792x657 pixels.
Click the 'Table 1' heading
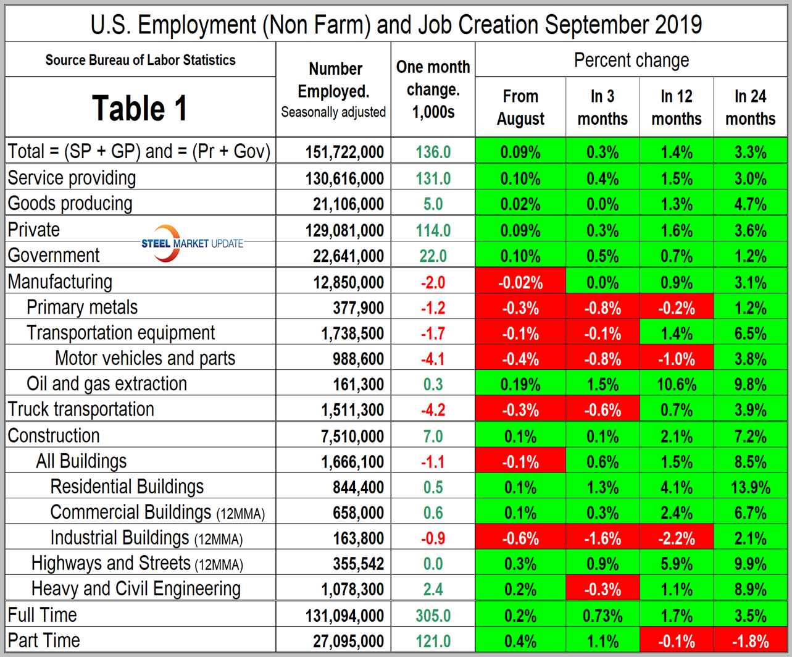(140, 107)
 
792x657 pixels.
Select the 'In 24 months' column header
(750, 107)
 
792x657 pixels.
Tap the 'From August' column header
(520, 107)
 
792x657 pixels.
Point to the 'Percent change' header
(632, 61)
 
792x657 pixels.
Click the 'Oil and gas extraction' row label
(107, 383)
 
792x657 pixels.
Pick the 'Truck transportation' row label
(81, 409)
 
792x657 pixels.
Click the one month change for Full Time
(433, 616)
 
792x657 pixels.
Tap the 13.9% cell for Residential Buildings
(750, 487)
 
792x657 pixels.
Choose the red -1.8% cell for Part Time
(750, 641)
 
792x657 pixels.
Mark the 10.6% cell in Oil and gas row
(677, 384)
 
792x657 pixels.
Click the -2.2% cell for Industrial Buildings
(677, 538)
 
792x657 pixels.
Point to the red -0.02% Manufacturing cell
(520, 283)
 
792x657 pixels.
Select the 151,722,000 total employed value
(344, 152)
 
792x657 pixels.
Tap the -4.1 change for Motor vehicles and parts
(433, 359)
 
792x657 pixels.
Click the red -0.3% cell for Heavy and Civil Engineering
(602, 590)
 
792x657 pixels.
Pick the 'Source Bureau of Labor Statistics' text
(140, 61)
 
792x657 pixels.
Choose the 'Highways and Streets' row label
(111, 563)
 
